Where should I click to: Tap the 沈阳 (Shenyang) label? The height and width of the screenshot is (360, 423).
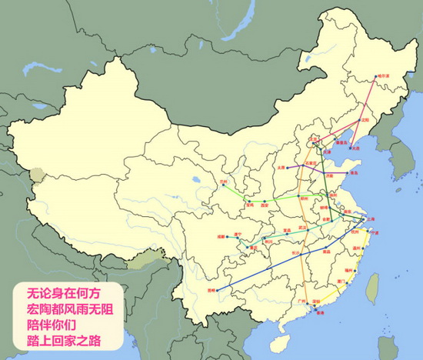pos(365,120)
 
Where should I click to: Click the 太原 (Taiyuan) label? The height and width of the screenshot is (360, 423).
pos(281,166)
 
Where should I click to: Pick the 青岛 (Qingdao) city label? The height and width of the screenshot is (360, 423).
pos(353,174)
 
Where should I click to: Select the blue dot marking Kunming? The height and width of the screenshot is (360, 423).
pos(218,289)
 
